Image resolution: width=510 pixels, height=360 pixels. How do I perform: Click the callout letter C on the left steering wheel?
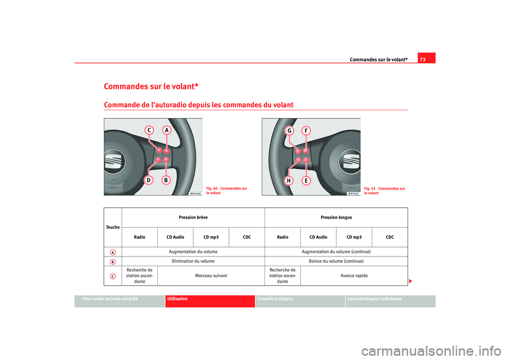point(150,131)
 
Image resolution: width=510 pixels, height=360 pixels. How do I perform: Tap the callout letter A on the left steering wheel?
point(166,131)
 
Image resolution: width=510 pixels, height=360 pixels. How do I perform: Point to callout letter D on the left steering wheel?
point(149,181)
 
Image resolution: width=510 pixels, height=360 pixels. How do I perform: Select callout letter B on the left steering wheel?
point(166,181)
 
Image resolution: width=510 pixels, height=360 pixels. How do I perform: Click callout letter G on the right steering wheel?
point(290,131)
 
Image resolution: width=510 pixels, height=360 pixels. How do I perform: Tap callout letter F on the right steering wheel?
point(306,131)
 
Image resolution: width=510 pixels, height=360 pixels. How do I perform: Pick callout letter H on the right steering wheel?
point(290,181)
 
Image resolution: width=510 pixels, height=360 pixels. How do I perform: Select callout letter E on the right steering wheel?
point(306,181)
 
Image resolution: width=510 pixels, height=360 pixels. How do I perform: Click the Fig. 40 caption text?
point(226,191)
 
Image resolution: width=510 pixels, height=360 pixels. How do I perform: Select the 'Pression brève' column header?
point(193,218)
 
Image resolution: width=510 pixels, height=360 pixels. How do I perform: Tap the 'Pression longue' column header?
point(336,218)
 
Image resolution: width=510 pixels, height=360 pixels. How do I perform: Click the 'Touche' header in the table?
point(113,227)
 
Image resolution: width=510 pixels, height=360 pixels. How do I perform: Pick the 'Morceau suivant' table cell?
point(211,276)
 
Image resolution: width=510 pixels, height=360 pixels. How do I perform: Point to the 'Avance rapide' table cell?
point(354,276)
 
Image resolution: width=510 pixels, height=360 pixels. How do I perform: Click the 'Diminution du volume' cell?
point(193,261)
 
